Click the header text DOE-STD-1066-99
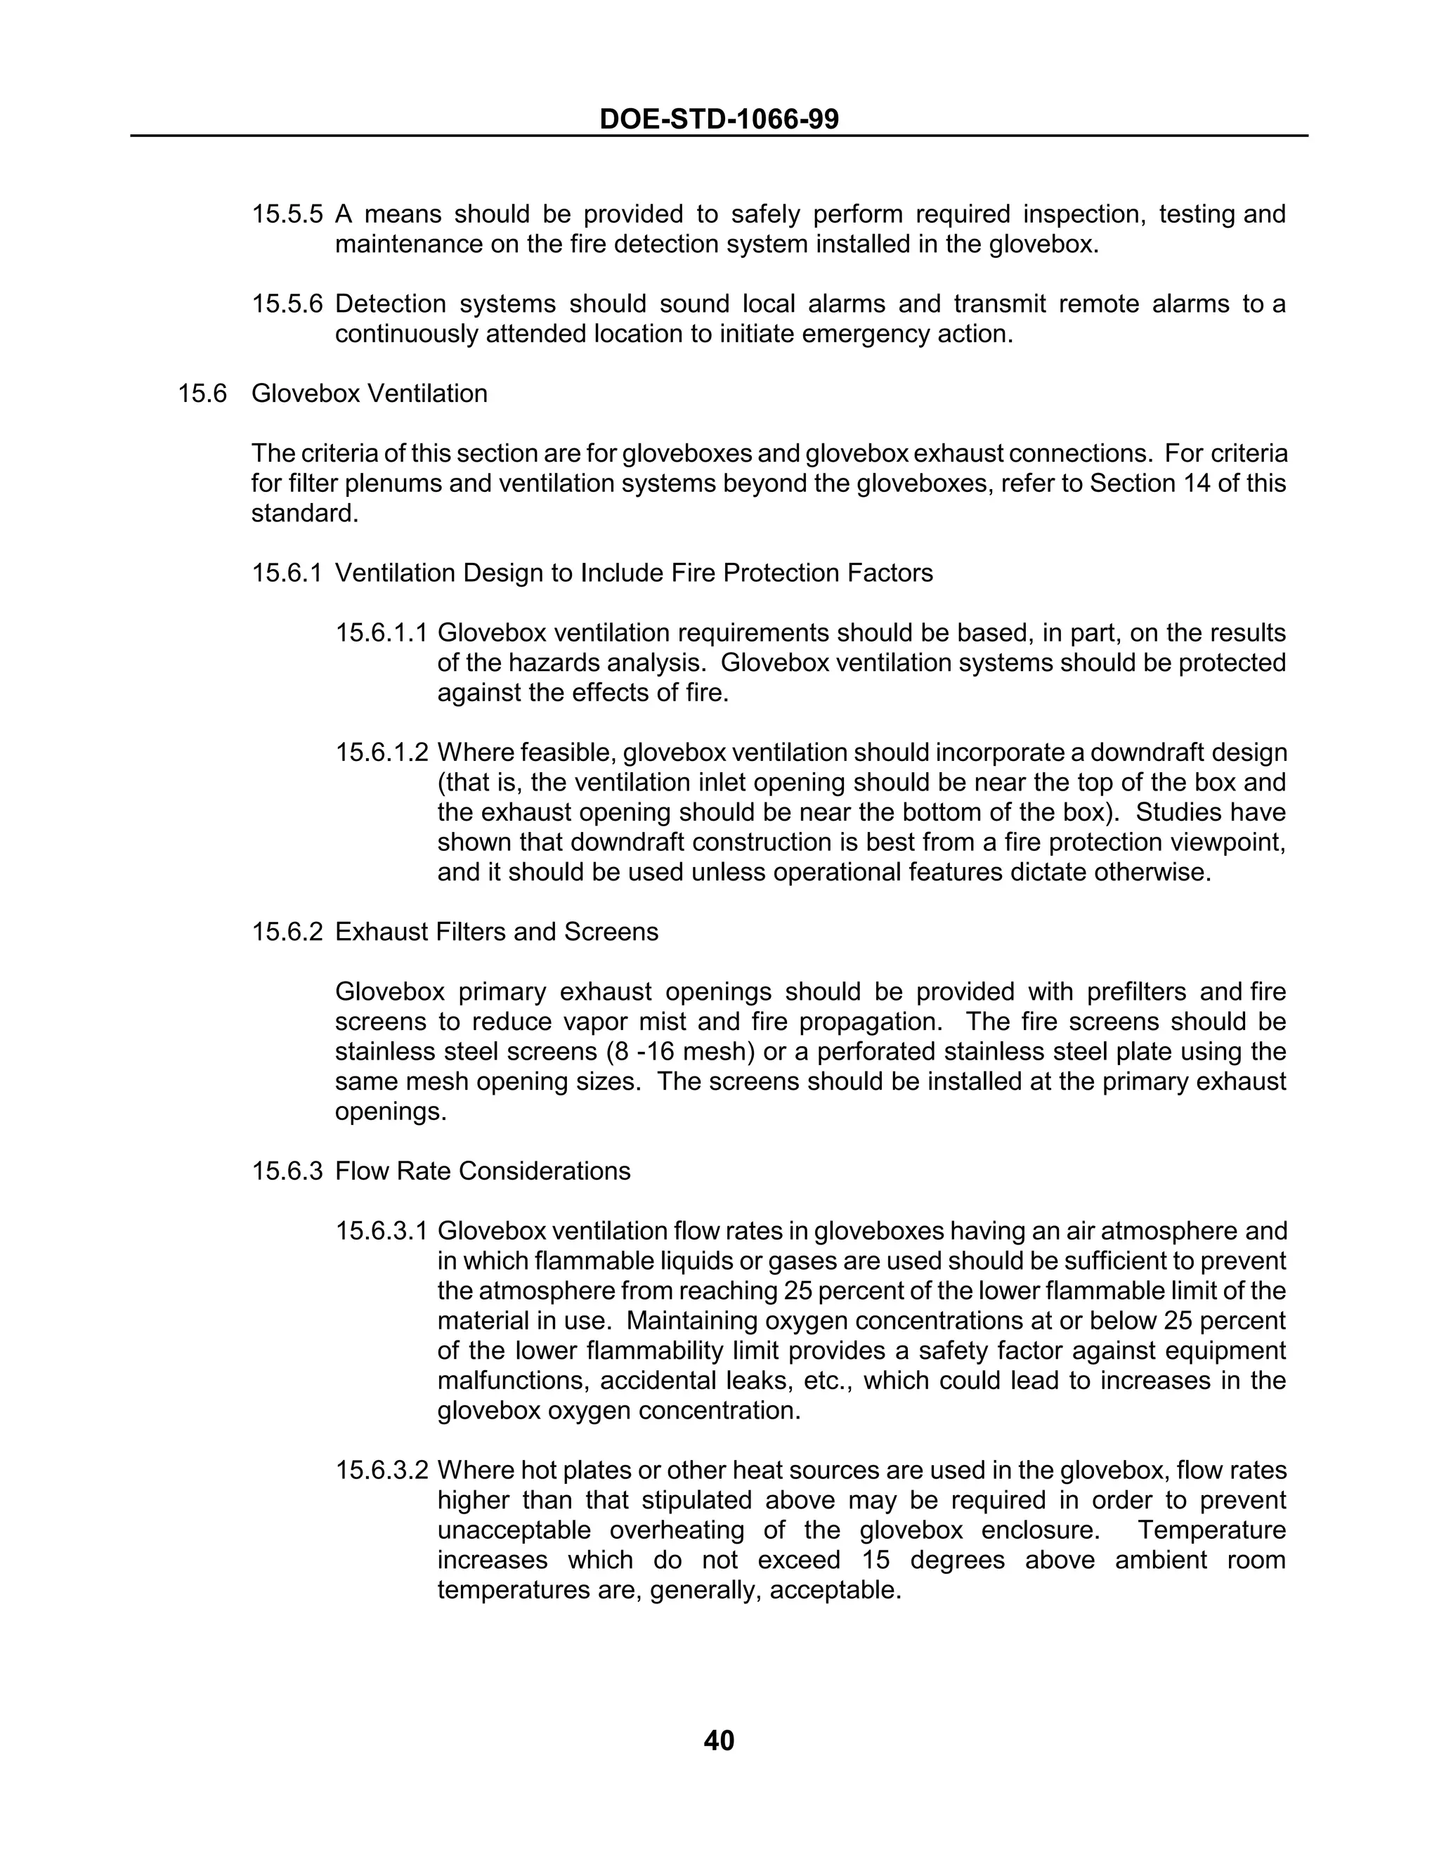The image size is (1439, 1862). (x=719, y=119)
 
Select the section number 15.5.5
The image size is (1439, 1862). (x=287, y=214)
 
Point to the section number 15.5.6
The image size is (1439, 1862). (x=287, y=304)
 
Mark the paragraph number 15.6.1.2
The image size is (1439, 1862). (x=381, y=753)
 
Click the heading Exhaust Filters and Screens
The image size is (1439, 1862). (x=496, y=932)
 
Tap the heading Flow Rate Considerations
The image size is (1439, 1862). (x=483, y=1171)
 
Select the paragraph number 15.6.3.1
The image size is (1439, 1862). (x=381, y=1231)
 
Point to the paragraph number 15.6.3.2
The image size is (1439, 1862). (x=381, y=1471)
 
